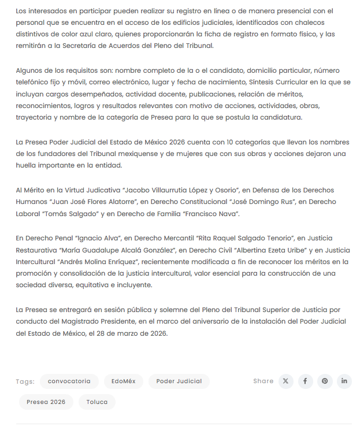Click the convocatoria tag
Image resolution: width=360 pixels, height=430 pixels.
tap(69, 381)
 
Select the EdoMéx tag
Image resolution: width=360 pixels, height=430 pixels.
tap(123, 381)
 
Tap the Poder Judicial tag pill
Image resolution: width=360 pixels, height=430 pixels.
tap(179, 381)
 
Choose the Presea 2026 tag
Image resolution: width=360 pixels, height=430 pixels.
tap(46, 402)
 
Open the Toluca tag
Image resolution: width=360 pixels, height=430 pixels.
tap(97, 402)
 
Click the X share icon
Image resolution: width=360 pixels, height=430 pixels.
tap(286, 381)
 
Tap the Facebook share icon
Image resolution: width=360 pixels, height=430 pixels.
tap(305, 381)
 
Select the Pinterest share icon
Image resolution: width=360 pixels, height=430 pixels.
tap(325, 381)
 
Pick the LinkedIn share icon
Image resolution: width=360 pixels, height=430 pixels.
tap(344, 381)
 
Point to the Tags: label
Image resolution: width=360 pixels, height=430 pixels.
tap(25, 381)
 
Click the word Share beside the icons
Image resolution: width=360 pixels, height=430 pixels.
tap(263, 381)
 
